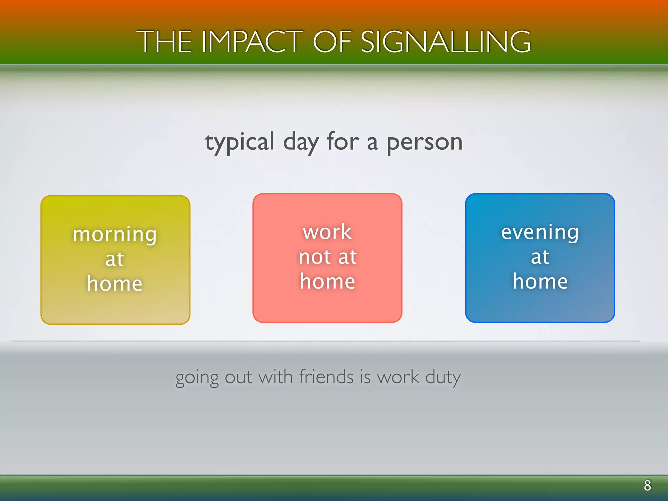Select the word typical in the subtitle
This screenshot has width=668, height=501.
click(240, 143)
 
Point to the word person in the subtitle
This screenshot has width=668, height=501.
click(425, 143)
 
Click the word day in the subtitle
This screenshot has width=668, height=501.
click(301, 143)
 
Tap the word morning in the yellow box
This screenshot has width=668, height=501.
click(115, 235)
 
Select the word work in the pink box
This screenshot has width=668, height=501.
click(327, 232)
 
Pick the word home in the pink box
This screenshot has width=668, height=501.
click(327, 281)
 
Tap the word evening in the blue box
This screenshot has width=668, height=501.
click(540, 233)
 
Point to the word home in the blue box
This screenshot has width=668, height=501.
click(540, 281)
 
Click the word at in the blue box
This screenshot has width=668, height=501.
click(540, 257)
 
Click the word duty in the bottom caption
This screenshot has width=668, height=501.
click(443, 378)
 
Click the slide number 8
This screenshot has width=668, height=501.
click(647, 485)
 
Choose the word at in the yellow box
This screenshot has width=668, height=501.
click(115, 259)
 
